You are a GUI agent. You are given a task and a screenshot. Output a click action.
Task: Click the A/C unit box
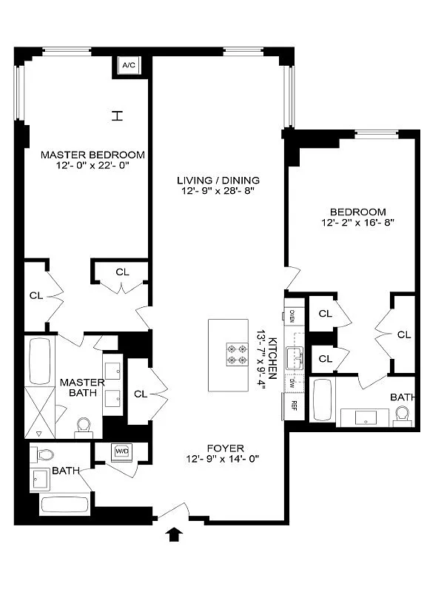pyautogui.click(x=128, y=66)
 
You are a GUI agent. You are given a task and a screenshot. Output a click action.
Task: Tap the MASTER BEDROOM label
pyautogui.click(x=92, y=155)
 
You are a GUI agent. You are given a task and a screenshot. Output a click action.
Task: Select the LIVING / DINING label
pyautogui.click(x=218, y=181)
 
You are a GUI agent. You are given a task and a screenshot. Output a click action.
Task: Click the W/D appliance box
pyautogui.click(x=121, y=450)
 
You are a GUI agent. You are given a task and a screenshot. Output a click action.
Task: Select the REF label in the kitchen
pyautogui.click(x=294, y=405)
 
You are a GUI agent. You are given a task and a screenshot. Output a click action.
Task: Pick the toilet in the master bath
pyautogui.click(x=84, y=426)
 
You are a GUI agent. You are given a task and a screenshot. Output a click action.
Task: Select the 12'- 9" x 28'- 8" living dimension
pyautogui.click(x=218, y=192)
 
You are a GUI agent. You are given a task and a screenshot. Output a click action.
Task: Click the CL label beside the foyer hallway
pyautogui.click(x=141, y=394)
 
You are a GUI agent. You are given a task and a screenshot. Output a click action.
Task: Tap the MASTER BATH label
pyautogui.click(x=78, y=387)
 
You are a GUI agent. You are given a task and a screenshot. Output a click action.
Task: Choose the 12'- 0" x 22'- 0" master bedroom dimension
pyautogui.click(x=92, y=166)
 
